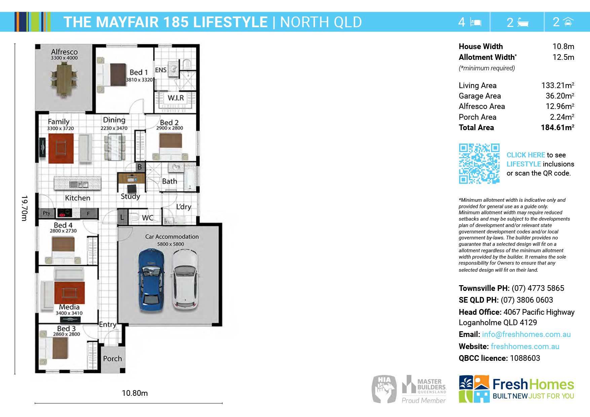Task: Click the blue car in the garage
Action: click(x=151, y=280)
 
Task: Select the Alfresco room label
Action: click(x=64, y=52)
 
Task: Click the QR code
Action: click(x=479, y=164)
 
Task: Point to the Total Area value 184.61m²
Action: click(x=557, y=127)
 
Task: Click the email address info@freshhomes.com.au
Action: click(x=526, y=334)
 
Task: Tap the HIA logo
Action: click(x=384, y=389)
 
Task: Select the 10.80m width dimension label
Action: click(x=135, y=393)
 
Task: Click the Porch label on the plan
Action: click(x=112, y=358)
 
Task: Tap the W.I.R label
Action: click(x=176, y=98)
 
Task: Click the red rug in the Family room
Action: click(x=61, y=148)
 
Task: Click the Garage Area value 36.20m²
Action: click(x=560, y=96)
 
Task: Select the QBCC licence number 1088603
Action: click(x=525, y=358)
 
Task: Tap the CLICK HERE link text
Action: click(x=526, y=155)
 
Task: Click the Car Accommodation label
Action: click(x=172, y=237)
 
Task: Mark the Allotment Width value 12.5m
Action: click(x=563, y=57)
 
